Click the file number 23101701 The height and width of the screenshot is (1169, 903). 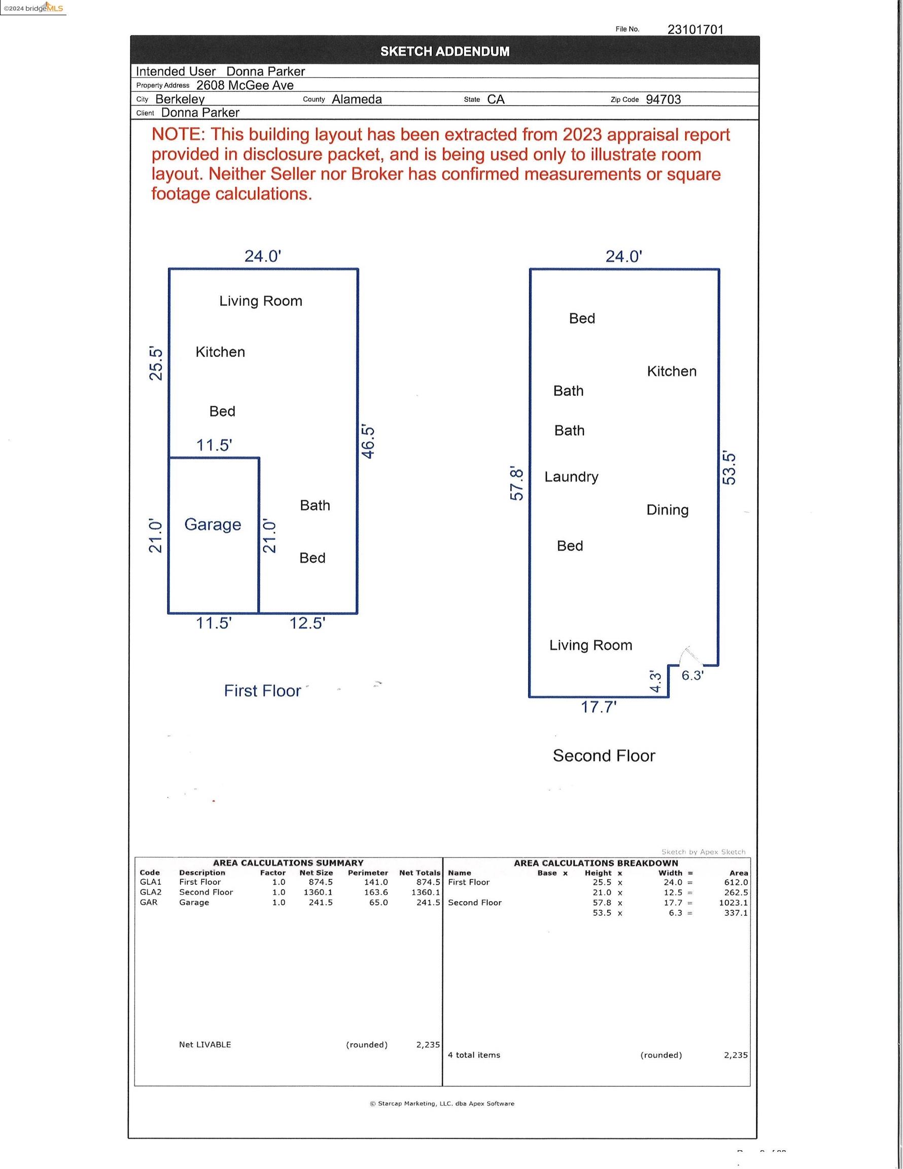point(695,29)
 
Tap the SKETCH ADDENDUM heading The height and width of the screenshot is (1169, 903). point(444,51)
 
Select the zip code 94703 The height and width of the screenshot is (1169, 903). point(663,99)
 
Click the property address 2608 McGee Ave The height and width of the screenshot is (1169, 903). point(245,86)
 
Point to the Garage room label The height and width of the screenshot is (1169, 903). point(213,525)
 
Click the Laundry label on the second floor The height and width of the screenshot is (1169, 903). point(571,477)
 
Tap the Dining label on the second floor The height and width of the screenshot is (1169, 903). point(667,510)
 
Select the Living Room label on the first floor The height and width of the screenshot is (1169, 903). point(261,301)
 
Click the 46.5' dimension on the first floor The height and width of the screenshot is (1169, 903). point(368,441)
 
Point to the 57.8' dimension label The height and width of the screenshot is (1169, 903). point(516,483)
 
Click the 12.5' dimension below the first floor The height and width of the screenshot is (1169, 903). point(307,624)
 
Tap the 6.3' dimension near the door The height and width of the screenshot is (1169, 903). point(692,675)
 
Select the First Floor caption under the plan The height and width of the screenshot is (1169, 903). point(262,691)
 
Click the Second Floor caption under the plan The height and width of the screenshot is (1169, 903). point(604,756)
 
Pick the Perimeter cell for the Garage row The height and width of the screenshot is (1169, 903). point(378,903)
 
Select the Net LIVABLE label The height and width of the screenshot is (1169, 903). point(204,1044)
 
